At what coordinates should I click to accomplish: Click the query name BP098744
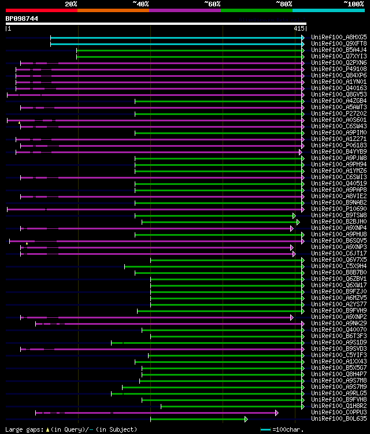tap(22, 18)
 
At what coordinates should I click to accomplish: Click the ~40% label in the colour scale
tap(140, 3)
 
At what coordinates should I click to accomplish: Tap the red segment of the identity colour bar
tap(41, 10)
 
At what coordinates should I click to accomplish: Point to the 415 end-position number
tap(299, 28)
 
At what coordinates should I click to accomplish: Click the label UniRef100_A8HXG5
tap(339, 38)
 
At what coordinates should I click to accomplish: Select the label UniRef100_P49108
tap(339, 69)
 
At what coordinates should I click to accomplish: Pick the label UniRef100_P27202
tap(339, 114)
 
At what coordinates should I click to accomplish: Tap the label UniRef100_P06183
tap(339, 146)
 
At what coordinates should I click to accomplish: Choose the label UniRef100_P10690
tap(339, 209)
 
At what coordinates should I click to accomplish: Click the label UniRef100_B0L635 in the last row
tap(339, 419)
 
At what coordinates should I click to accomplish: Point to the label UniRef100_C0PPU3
tap(339, 413)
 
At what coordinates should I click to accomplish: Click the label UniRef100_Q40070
tap(339, 330)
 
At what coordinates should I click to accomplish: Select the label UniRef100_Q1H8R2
tap(339, 406)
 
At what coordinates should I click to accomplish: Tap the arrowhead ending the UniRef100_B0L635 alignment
tap(246, 419)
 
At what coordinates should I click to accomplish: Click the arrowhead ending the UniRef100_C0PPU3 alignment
tap(277, 413)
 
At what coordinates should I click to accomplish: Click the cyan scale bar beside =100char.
tap(265, 429)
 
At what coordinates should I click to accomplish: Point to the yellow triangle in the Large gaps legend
tap(47, 429)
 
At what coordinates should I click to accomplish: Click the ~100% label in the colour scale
tap(354, 3)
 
